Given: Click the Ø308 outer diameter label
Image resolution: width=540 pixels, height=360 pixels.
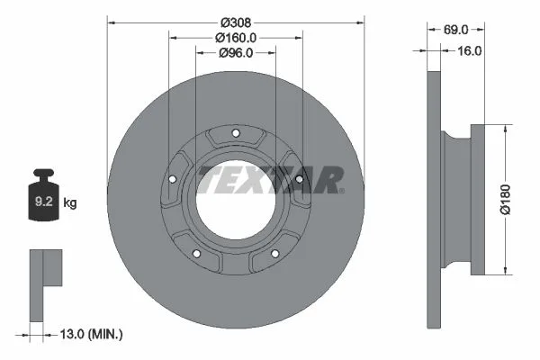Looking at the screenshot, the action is click(236, 22).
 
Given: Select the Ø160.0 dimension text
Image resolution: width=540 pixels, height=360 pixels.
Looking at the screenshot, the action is click(236, 38).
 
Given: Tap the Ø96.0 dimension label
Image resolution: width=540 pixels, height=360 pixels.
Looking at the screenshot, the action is click(236, 53).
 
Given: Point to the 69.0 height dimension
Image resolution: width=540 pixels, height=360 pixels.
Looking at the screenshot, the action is click(455, 30).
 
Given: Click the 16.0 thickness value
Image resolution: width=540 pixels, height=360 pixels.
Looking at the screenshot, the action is click(469, 51).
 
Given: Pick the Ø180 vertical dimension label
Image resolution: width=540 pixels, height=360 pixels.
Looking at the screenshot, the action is click(505, 199).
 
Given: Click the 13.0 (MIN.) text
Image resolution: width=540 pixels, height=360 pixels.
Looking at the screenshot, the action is click(91, 334).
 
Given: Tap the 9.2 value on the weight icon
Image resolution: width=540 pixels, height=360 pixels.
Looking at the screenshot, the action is click(44, 202).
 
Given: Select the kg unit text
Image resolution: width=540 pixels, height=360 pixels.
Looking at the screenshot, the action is click(70, 202).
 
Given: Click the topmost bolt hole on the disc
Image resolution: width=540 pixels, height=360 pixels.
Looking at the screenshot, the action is click(236, 133).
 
